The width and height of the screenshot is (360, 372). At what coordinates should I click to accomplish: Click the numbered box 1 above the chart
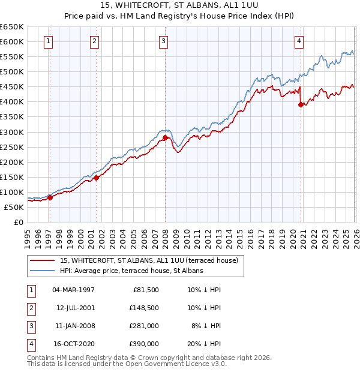click(48, 41)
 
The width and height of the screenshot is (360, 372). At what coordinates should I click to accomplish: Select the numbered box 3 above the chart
click(163, 41)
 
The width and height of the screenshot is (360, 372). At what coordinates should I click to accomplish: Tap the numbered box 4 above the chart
click(299, 41)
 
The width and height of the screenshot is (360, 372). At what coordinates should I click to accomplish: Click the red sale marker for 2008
click(165, 137)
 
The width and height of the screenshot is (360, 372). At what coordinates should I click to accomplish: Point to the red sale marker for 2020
click(301, 104)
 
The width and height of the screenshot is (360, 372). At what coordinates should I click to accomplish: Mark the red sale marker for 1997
click(50, 197)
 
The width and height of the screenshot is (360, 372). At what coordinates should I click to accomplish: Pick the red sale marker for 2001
click(97, 177)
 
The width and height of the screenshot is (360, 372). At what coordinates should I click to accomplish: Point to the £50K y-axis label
click(14, 207)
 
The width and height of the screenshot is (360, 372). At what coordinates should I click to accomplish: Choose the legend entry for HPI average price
click(131, 271)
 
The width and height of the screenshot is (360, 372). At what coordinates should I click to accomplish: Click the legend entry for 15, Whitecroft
click(149, 260)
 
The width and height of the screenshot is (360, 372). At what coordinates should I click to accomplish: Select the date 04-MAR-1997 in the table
click(73, 290)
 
